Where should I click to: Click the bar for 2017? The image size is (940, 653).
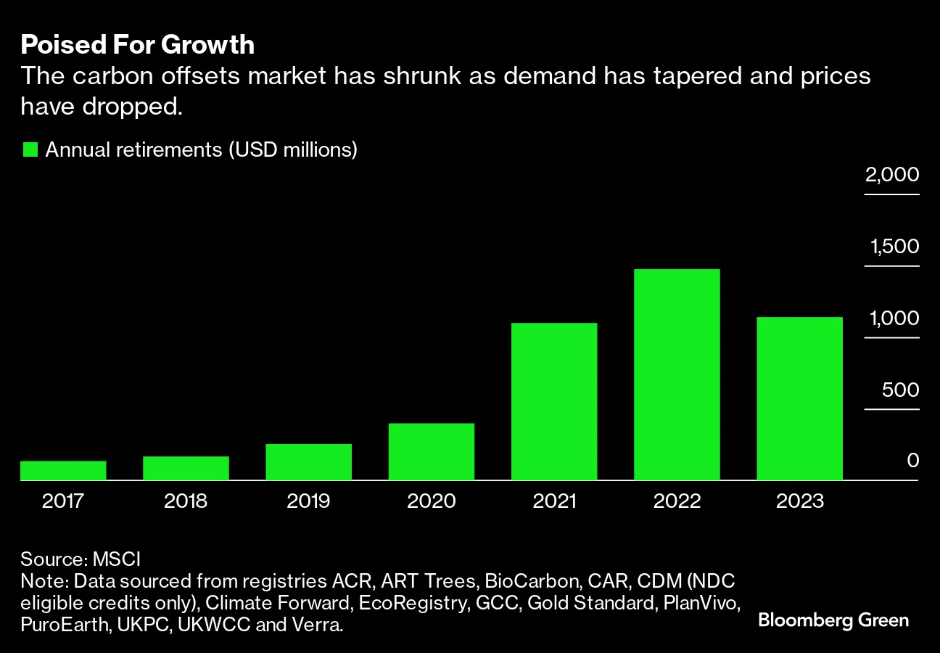click(63, 471)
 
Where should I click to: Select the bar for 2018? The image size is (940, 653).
click(186, 469)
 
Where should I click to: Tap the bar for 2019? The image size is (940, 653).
click(308, 462)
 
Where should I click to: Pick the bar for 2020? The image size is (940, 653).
click(432, 452)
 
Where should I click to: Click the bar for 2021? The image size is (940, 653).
click(554, 402)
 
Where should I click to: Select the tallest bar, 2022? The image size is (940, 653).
click(677, 375)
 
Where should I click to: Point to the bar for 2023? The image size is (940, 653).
click(799, 399)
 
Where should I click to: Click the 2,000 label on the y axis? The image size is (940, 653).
click(891, 175)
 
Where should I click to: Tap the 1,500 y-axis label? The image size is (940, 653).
click(894, 247)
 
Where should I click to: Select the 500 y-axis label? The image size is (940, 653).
click(900, 390)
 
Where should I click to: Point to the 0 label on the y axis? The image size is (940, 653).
click(912, 461)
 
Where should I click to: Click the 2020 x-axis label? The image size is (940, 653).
click(432, 501)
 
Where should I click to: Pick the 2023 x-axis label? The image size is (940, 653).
click(799, 501)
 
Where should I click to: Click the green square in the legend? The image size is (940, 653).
click(30, 150)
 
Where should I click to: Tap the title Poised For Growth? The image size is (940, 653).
click(137, 45)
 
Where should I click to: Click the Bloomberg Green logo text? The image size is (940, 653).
click(833, 620)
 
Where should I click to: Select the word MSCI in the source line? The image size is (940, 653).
click(116, 559)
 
